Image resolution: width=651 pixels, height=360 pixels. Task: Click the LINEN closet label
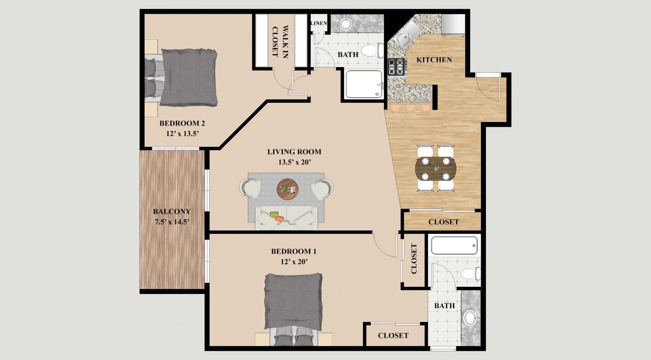pos(319,23)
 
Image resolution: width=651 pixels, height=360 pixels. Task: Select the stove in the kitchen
pos(397,67)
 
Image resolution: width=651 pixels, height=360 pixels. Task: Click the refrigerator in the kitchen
pos(453,24)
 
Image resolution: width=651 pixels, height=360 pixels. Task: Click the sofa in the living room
pos(287,218)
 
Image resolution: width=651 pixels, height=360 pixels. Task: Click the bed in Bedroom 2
pos(181,77)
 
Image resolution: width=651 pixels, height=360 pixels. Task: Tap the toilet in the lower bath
pos(471,274)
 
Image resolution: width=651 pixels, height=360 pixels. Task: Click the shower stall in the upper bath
pos(364,84)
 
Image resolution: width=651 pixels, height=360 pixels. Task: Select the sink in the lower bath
pos(471,318)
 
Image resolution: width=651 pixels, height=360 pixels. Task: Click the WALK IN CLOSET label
pos(280,41)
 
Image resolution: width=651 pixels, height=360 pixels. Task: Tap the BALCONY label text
pos(172,212)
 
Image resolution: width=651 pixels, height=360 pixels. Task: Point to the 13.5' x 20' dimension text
pos(295,162)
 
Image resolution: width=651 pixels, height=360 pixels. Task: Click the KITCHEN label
pos(434,60)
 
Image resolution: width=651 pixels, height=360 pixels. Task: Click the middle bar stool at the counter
pos(411,108)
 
